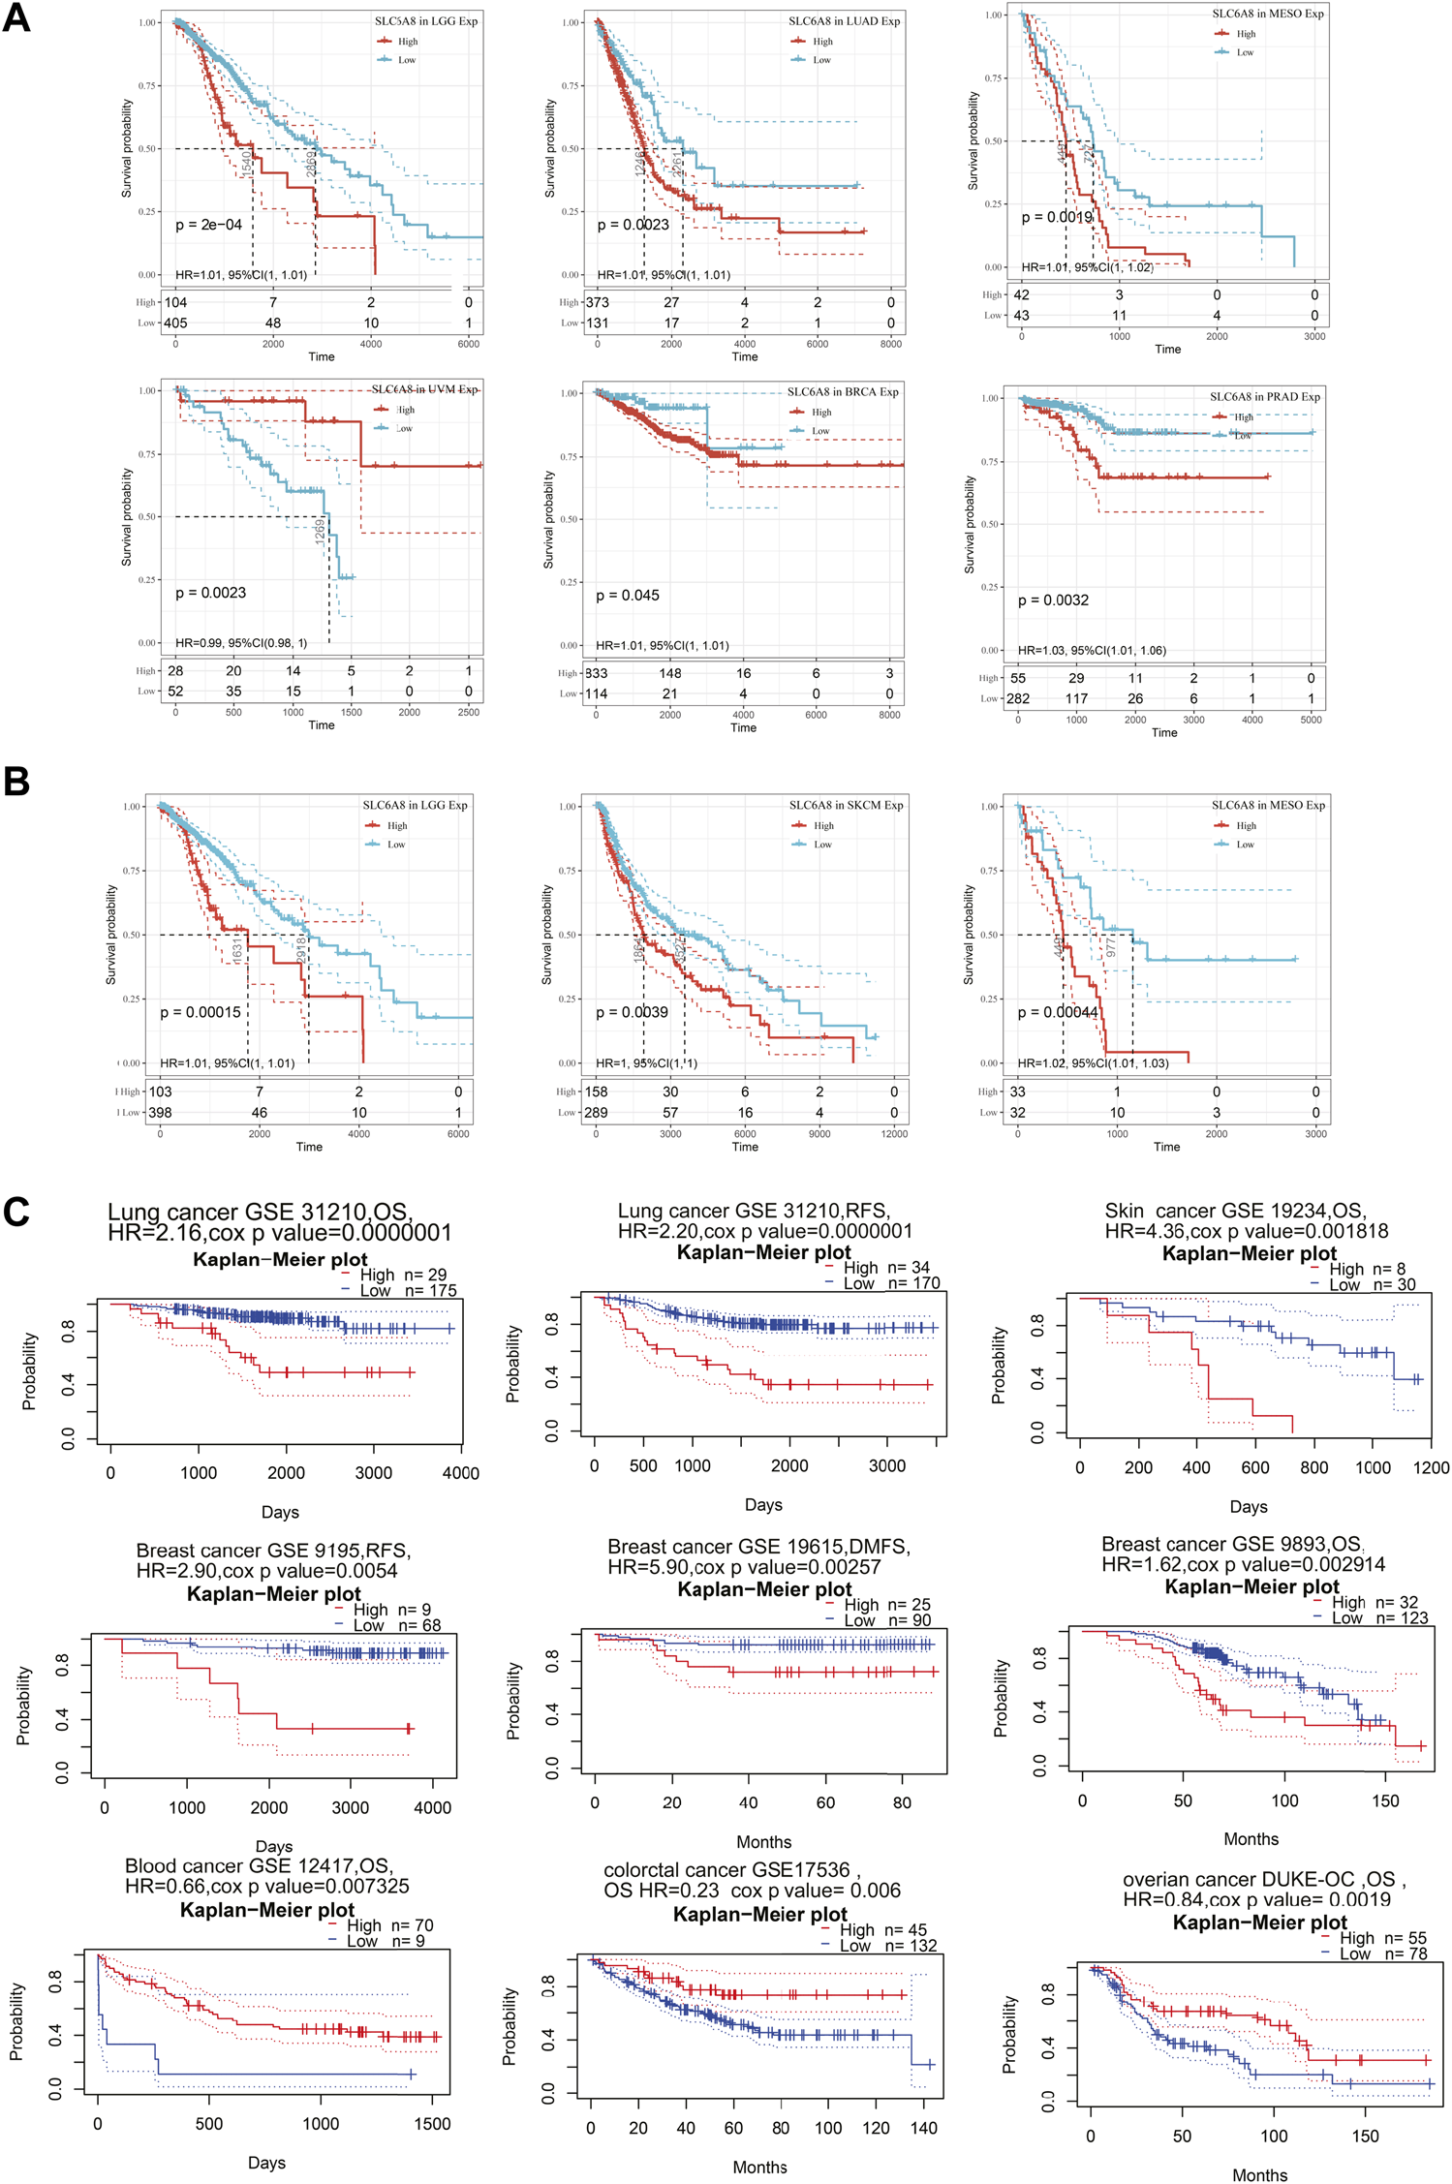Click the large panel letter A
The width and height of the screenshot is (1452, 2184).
[16, 18]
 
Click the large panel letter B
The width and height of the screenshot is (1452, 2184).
[16, 782]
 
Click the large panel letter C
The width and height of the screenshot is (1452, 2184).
[16, 1212]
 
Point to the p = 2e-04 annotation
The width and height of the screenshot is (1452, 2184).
[208, 225]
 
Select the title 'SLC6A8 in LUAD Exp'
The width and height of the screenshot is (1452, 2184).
[844, 21]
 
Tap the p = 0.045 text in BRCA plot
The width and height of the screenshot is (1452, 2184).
[627, 596]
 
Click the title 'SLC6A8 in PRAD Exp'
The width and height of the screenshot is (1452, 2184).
[1264, 397]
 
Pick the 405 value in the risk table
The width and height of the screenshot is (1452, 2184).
[175, 323]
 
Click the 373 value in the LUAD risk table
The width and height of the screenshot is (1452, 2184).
[597, 303]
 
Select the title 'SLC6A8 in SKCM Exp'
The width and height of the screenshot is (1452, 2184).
[846, 806]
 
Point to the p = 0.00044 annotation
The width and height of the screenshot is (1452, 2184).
[1058, 1012]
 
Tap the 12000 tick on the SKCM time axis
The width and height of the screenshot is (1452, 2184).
[893, 1134]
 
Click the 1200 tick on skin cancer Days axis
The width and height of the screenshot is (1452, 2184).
[1431, 1467]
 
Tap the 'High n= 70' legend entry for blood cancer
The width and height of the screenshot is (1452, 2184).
[389, 1925]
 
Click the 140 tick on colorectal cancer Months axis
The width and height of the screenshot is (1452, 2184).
[924, 2129]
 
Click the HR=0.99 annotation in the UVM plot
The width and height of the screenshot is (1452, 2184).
[240, 643]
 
